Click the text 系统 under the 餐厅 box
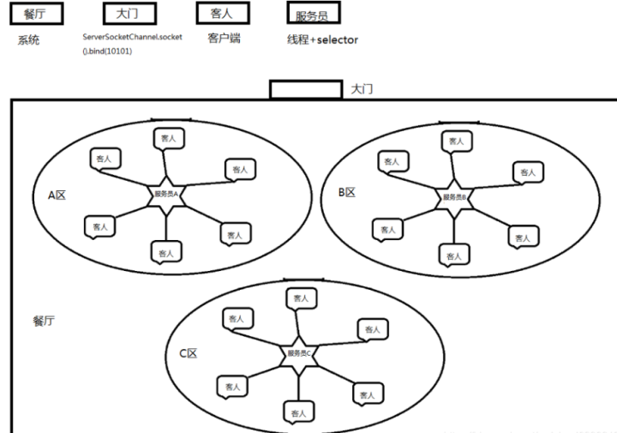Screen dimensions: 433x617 click(28, 40)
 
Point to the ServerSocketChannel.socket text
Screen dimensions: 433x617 click(132, 38)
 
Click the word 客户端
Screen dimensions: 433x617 click(224, 39)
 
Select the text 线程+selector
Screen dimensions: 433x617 click(322, 39)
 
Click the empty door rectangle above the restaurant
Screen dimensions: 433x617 click(307, 89)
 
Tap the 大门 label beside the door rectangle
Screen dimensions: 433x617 click(362, 89)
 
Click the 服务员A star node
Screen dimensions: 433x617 click(165, 194)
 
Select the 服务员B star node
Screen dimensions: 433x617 click(454, 196)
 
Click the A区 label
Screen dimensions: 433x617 click(57, 195)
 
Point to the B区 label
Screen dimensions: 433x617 click(346, 193)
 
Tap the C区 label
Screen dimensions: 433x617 click(188, 352)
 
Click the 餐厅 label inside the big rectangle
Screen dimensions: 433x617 click(45, 319)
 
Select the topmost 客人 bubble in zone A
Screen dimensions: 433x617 click(168, 137)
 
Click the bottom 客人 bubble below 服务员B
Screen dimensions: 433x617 click(454, 254)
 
